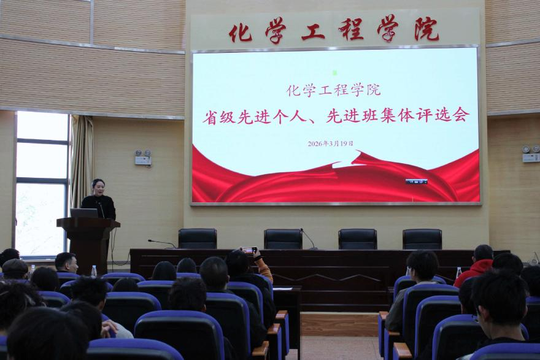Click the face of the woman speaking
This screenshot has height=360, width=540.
[x=98, y=186]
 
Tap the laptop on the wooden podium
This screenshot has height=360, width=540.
[x=83, y=213]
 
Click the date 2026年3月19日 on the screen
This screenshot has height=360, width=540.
[x=330, y=144]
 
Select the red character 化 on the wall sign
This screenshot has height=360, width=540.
[x=240, y=31]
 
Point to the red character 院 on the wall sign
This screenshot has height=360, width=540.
[x=426, y=29]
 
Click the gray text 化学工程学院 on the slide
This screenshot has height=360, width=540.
[x=333, y=90]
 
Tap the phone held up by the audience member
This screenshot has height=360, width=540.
[x=249, y=250]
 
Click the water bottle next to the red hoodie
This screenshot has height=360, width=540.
[x=458, y=272]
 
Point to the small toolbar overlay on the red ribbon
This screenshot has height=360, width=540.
[x=416, y=182]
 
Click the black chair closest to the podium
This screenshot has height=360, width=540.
[x=197, y=239]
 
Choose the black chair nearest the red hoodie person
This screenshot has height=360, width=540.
[x=422, y=239]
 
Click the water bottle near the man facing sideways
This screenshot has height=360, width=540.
[x=94, y=270]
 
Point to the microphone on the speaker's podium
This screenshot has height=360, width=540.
[x=101, y=209]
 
